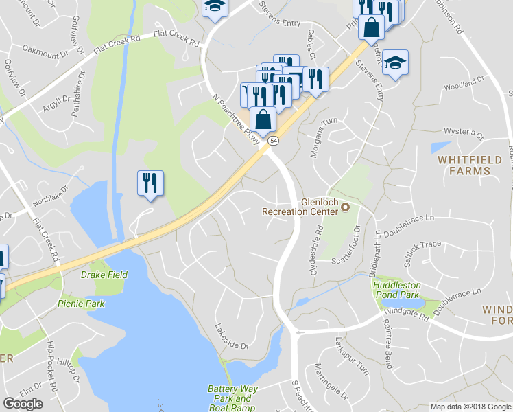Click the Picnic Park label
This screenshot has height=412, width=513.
point(81,303)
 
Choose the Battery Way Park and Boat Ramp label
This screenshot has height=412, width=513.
point(232,398)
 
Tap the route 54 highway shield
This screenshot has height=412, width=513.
point(274,141)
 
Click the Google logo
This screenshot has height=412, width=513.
point(23,404)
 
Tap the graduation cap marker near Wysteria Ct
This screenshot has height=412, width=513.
point(395,63)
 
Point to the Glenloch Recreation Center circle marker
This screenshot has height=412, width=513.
point(345,207)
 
